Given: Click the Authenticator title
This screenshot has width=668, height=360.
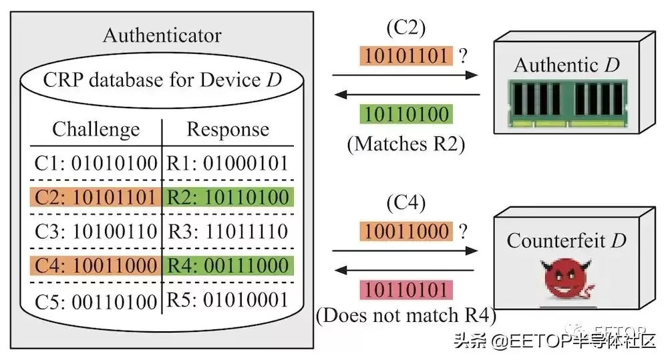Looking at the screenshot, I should coord(162,35).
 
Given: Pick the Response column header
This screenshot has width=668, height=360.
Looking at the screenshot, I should coord(228,129).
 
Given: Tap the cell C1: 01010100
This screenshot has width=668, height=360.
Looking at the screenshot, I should coord(95,163).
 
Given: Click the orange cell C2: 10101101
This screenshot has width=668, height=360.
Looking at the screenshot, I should coord(95,197).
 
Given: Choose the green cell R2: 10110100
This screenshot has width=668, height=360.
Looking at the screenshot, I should coord(228,197).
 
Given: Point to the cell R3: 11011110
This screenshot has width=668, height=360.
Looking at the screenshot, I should coord(228,231).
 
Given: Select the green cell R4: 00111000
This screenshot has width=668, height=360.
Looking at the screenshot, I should coord(228,265).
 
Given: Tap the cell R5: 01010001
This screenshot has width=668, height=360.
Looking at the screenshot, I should coord(228,299).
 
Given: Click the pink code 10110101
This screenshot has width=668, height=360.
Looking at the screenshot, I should coord(405,289).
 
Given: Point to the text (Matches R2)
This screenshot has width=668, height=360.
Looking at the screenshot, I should coord(405,144).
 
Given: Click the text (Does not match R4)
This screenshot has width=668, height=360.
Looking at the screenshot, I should coord(406,315).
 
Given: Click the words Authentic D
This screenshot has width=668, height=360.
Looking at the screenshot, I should coord(566,65).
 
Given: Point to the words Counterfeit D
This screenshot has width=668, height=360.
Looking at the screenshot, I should coord(566,240).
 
